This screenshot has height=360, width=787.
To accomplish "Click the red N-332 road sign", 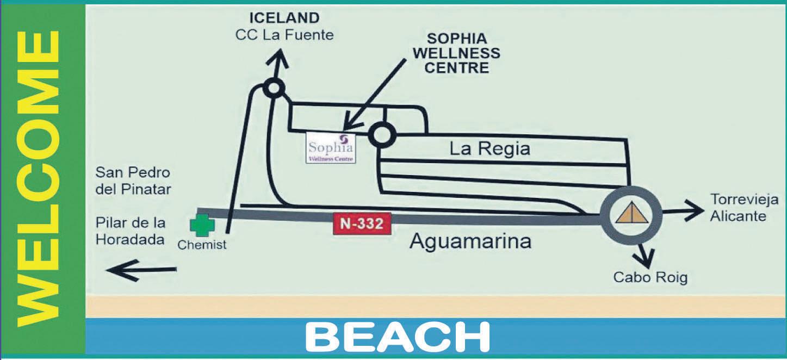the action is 362,224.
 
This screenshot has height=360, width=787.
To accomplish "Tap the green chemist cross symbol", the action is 202,225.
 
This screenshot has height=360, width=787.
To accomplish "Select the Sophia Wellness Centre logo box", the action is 331,147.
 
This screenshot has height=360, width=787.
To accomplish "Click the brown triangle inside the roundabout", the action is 631,212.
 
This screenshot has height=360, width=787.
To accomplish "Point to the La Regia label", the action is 489,148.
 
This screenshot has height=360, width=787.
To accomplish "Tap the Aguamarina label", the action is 470,241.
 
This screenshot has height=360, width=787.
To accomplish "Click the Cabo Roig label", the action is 650,277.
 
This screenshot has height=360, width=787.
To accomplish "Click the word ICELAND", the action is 284,18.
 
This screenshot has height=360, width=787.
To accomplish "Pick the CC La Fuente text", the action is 284,35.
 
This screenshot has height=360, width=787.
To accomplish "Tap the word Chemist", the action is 202,245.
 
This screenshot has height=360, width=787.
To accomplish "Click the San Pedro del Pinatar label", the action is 133,181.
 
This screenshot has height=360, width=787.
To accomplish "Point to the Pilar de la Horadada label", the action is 131,231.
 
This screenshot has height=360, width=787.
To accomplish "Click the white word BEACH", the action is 398,337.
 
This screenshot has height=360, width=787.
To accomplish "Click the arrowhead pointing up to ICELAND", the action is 280,55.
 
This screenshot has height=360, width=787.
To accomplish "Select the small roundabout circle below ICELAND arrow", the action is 273,88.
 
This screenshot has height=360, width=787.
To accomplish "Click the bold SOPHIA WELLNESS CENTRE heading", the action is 463,53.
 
